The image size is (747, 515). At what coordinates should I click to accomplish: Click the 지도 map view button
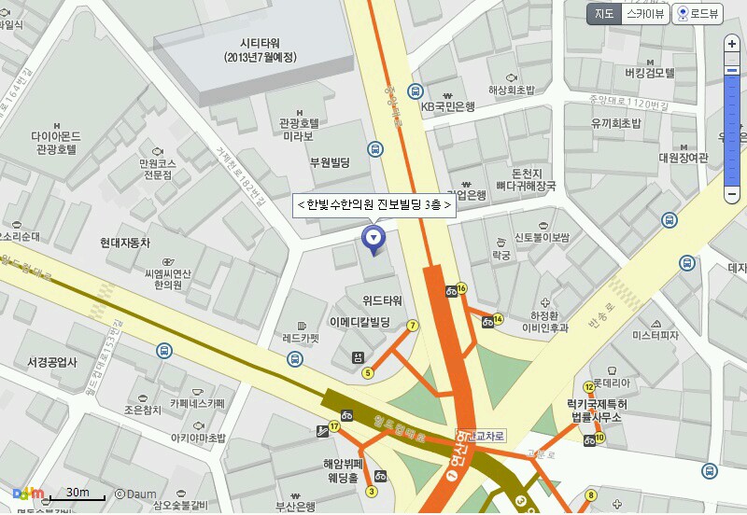click(x=604, y=13)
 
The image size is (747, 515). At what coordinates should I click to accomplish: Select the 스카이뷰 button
click(x=645, y=13)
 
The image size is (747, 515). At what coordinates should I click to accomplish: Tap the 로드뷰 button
click(x=699, y=14)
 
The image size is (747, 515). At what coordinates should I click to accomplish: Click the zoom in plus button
click(x=732, y=45)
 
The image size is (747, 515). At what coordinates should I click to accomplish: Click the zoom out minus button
click(x=732, y=194)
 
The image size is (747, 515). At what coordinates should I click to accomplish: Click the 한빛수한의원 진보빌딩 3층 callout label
click(x=373, y=204)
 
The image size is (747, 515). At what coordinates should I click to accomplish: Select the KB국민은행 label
click(x=447, y=106)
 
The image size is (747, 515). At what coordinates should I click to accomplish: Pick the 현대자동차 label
click(x=125, y=243)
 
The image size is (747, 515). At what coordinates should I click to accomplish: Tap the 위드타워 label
click(x=382, y=300)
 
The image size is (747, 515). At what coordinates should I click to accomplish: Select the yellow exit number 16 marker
click(x=461, y=288)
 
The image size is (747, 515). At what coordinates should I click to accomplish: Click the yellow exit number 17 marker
click(x=333, y=427)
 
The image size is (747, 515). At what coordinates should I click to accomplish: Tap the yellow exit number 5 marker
click(x=368, y=373)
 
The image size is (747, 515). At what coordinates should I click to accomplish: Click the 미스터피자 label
click(x=655, y=334)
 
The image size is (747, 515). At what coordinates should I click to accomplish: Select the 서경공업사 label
click(x=52, y=362)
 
